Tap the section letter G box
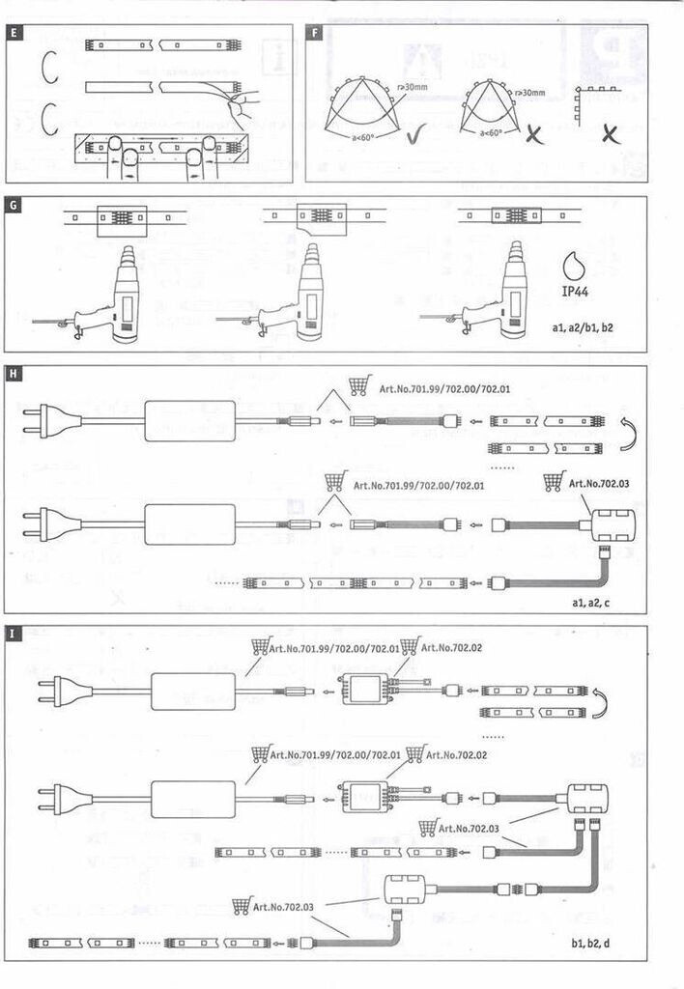13,205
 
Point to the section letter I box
13,635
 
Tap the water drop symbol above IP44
577,262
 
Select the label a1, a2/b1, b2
583,328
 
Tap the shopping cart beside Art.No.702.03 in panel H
554,481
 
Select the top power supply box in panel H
189,421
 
